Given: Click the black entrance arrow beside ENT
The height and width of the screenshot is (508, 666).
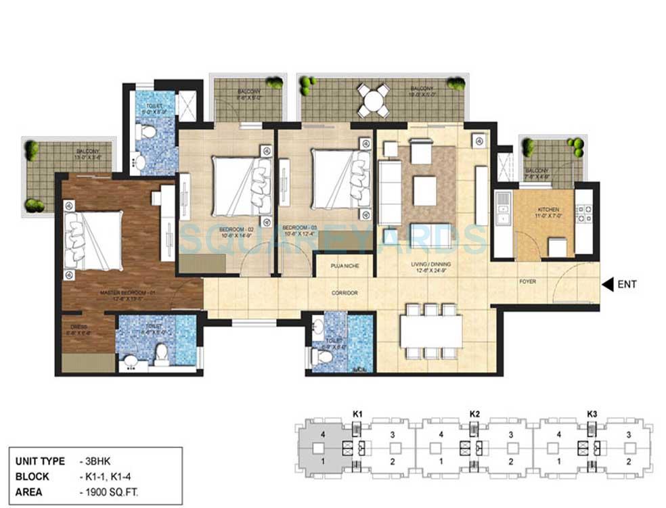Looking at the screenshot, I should point(607,284).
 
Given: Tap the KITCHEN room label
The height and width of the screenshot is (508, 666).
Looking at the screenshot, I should point(548,210).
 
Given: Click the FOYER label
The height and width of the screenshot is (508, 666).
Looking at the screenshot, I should point(528,281).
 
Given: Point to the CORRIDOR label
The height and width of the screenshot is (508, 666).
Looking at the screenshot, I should point(345,292).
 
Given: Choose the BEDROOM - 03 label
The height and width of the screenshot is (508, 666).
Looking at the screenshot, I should point(298,227).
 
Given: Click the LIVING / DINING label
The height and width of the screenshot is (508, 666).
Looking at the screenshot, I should point(434,264).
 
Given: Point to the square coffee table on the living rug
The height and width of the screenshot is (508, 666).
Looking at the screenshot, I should point(424,190).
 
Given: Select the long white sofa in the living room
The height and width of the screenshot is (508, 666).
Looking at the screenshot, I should point(388,191).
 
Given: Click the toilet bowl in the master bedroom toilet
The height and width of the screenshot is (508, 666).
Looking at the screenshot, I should point(161,353).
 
